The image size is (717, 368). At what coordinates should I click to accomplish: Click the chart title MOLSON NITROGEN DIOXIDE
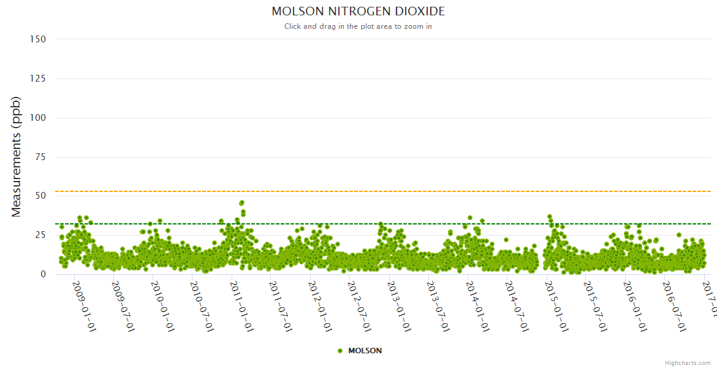[358, 12]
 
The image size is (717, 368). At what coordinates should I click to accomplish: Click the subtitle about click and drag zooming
[358, 26]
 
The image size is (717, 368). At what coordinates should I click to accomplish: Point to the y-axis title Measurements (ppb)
[17, 156]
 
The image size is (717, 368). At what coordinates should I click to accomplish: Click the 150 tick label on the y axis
[38, 39]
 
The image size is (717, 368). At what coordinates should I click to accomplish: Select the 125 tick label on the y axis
[38, 79]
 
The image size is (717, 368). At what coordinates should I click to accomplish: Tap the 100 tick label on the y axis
[38, 118]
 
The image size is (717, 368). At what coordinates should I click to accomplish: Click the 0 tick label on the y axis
[43, 275]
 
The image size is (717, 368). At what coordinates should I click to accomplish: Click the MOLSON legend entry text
[365, 351]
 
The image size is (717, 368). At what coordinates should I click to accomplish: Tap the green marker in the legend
[340, 351]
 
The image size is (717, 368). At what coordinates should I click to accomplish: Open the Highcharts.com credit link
[688, 363]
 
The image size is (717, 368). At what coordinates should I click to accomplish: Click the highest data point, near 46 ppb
[242, 202]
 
